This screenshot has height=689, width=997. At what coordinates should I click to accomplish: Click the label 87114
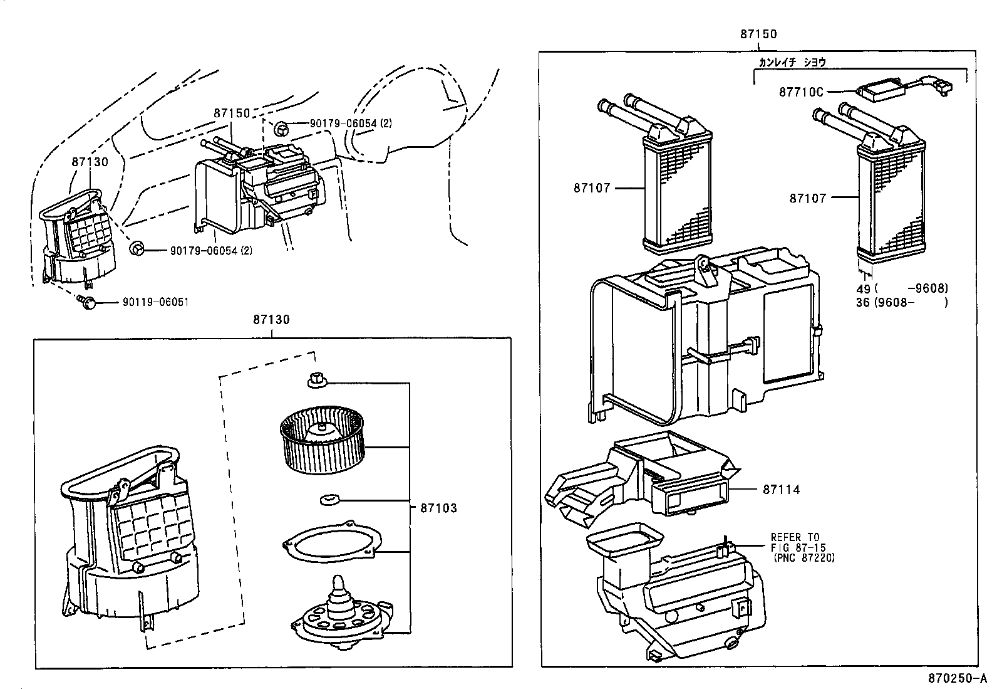pos(781,490)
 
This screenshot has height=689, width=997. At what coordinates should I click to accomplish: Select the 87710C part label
pos(801,92)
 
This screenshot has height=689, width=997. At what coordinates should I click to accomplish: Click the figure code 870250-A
pos(957,678)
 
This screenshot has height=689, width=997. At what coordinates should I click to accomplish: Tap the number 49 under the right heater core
pos(864,289)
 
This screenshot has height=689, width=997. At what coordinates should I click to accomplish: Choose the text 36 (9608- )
pos(902,302)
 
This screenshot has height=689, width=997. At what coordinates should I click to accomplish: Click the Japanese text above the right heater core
pos(792,61)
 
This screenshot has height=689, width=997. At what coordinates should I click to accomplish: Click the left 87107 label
pos(591,187)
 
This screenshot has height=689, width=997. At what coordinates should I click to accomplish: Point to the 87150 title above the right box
pos(758,34)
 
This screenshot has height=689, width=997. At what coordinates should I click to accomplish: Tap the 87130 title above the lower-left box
pos(271,320)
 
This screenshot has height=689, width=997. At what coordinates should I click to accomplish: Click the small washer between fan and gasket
pos(328,500)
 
